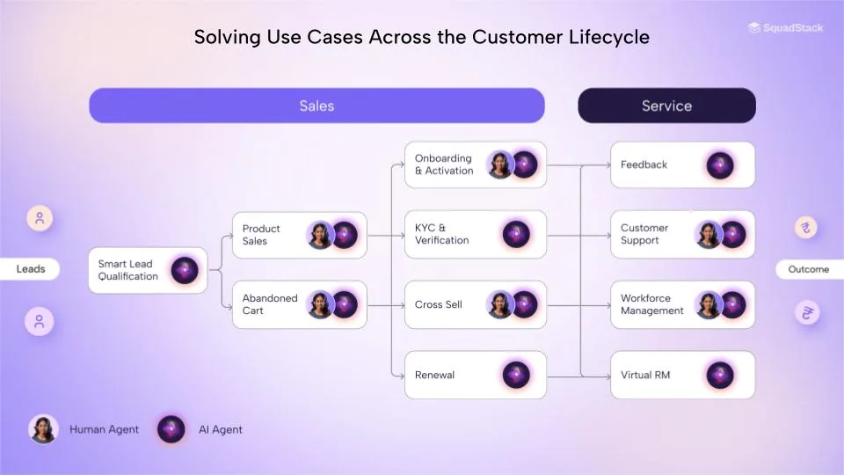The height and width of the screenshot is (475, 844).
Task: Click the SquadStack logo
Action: (x=785, y=28)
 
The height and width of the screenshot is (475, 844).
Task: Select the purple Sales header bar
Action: (x=316, y=106)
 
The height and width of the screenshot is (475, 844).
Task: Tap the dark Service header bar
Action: (x=666, y=106)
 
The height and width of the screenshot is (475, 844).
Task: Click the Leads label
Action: (x=31, y=269)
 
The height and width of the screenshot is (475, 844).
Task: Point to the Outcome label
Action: (x=809, y=269)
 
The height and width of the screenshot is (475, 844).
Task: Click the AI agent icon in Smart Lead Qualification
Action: (x=185, y=270)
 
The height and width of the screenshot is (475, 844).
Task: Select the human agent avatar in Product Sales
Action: (x=320, y=235)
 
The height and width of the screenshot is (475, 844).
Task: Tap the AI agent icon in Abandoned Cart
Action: (x=344, y=304)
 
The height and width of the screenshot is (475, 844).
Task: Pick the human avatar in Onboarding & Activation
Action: (x=499, y=164)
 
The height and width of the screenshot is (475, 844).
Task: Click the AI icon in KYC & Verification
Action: (x=516, y=234)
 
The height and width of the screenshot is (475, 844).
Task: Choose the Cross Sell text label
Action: (x=438, y=304)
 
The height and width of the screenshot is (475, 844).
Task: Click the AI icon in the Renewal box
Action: (x=516, y=375)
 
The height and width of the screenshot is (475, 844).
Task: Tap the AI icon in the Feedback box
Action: (x=719, y=164)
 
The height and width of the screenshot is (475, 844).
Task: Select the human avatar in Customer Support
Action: (x=708, y=234)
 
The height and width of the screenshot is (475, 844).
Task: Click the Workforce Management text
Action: (x=651, y=304)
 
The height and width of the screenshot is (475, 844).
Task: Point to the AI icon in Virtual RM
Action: (x=719, y=375)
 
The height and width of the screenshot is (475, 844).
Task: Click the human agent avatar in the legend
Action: (x=43, y=429)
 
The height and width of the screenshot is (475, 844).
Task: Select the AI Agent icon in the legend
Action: (x=171, y=429)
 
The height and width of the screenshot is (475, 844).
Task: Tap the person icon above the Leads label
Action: (x=39, y=218)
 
